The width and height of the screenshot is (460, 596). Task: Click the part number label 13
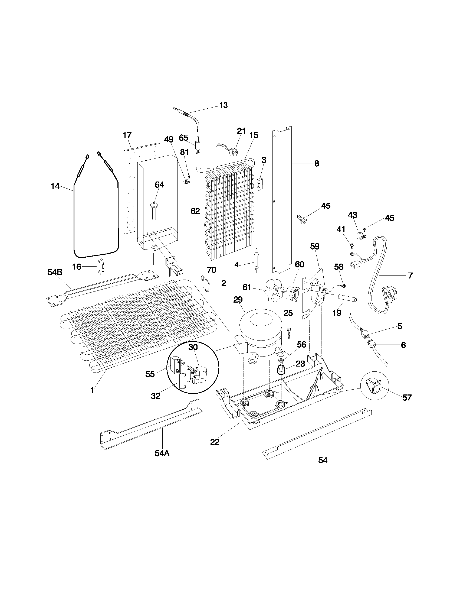(x=224, y=105)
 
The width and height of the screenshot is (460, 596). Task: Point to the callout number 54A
(x=162, y=453)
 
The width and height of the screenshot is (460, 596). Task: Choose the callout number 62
(x=195, y=211)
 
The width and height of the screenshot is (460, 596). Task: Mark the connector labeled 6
(x=372, y=345)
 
